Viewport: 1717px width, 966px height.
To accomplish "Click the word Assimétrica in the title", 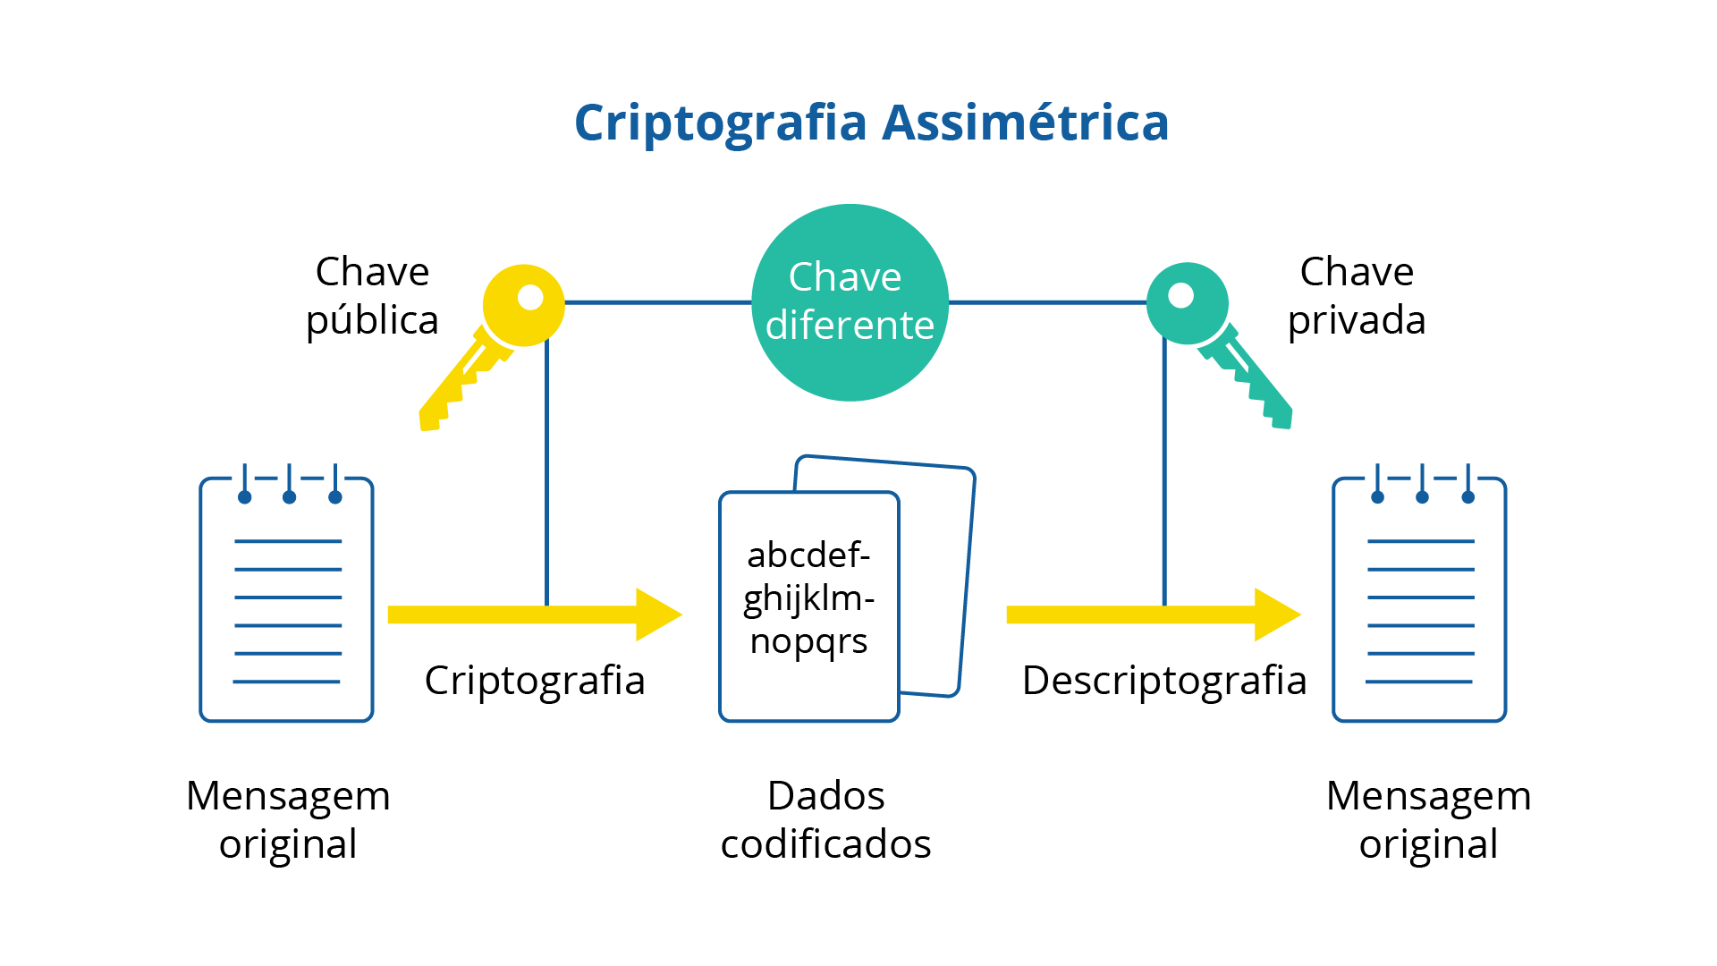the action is point(1026,122).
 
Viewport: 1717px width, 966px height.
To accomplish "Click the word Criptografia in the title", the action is point(721,123).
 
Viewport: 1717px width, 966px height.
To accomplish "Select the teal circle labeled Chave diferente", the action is point(850,302).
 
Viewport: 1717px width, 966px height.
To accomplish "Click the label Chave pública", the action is point(372,296).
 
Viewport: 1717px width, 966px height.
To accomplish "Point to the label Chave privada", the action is point(1357,296).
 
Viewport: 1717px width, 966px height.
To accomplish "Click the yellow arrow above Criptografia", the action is point(535,614).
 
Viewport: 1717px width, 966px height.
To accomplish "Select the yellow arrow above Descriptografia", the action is point(1154,614).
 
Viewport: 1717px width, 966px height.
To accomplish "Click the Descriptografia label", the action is point(1164,681).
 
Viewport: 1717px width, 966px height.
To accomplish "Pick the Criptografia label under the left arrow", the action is point(535,681).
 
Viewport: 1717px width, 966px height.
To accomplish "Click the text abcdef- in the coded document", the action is point(808,555).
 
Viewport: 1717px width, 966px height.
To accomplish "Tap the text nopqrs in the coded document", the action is point(808,642).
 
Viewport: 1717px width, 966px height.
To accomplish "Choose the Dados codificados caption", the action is point(825,820).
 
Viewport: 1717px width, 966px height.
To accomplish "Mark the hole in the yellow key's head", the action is point(530,297).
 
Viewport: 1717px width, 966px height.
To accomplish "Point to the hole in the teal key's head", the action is point(1181,295).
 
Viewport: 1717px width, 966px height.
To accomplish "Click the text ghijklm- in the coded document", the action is point(808,599).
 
